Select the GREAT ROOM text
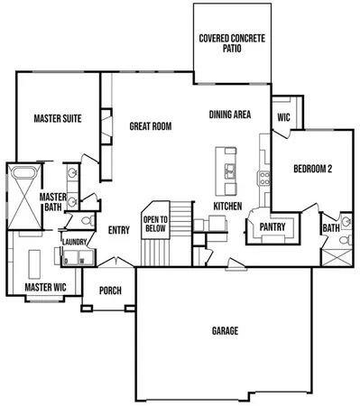[150, 126]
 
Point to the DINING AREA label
[230, 115]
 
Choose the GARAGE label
[225, 331]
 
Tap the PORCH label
[109, 291]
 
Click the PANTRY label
[272, 226]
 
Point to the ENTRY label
[119, 230]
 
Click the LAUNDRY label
[73, 242]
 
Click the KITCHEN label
[227, 207]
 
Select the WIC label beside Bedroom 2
[283, 116]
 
